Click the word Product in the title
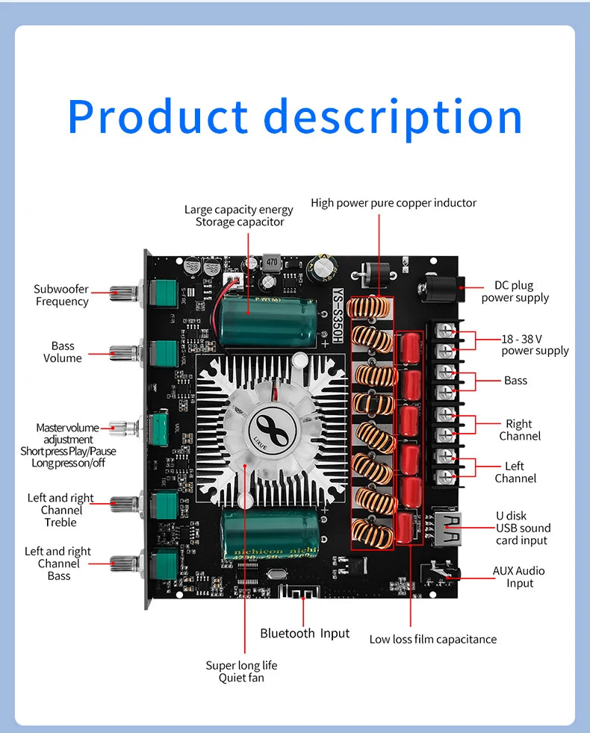pos(158,117)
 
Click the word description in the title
pos(393,117)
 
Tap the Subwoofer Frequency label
pos(61,295)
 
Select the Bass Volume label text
pos(63,352)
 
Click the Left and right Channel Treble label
pos(60,510)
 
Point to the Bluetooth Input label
pos(305,633)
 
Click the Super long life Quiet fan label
pos(241,671)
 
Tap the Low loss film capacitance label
pos(432,639)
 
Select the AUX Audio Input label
pos(518,576)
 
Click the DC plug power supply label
pos(515,291)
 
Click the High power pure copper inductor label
pos(394,203)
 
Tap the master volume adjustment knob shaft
pos(124,428)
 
